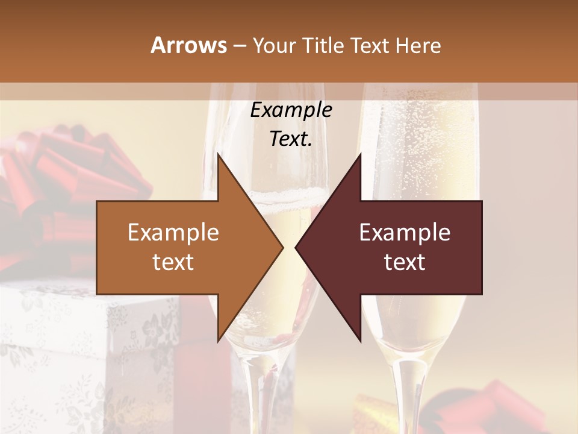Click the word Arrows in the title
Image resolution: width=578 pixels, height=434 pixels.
[x=188, y=45]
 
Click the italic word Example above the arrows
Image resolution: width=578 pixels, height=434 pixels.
[x=291, y=110]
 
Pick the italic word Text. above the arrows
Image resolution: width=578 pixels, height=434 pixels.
[x=291, y=139]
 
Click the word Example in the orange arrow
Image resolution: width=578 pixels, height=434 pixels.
[x=173, y=233]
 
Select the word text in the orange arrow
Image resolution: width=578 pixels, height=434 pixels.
[x=173, y=262]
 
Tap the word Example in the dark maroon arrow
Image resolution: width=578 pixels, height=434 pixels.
[x=405, y=233]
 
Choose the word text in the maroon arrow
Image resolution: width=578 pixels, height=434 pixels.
[x=405, y=262]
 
